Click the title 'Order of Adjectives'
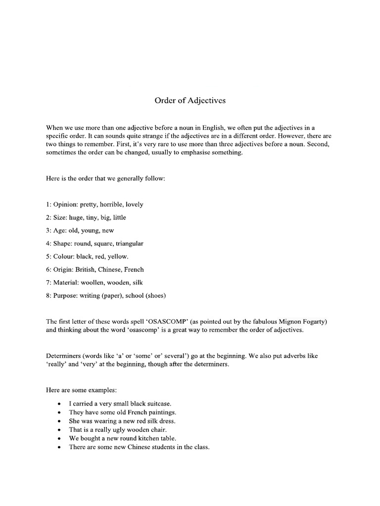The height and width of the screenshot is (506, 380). [x=190, y=100]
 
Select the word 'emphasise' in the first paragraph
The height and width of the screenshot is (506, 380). [x=188, y=153]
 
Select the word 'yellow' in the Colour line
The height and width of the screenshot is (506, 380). [x=118, y=256]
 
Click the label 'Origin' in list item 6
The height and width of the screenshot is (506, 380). [x=63, y=270]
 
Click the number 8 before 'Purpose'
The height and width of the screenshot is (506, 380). [x=47, y=296]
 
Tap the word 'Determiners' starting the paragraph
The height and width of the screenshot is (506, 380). [x=64, y=356]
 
